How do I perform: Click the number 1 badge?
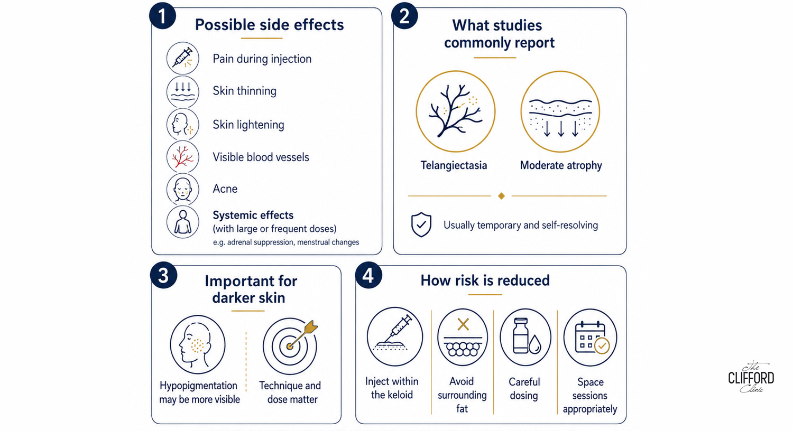(162, 15)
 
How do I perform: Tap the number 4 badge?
(368, 275)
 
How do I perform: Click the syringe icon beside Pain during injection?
(183, 58)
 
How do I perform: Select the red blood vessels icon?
(183, 157)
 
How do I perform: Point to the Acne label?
(225, 189)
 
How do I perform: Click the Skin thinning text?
(244, 91)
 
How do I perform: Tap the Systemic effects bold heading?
(253, 215)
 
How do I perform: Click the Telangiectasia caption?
(454, 165)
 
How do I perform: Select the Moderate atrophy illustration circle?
(560, 112)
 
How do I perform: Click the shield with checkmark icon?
(421, 224)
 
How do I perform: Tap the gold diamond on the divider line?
(501, 196)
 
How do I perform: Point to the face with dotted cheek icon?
(198, 344)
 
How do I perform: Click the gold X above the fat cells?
(463, 324)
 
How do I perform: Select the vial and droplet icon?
(525, 336)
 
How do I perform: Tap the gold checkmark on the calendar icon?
(602, 346)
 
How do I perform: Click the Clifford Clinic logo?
(751, 377)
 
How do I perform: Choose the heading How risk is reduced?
(485, 280)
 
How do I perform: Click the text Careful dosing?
(524, 389)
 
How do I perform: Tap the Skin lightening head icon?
(183, 125)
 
